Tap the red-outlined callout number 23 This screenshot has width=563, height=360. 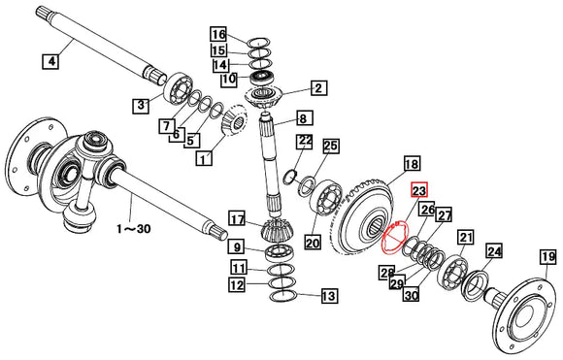click(x=419, y=191)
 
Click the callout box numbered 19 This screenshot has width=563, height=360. click(x=548, y=257)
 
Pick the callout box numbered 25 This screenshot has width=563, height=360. click(x=331, y=146)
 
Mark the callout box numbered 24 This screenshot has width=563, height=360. click(x=493, y=252)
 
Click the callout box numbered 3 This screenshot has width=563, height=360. click(x=142, y=105)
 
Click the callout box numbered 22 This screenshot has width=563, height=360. click(x=305, y=142)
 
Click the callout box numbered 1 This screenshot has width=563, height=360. click(x=204, y=158)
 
